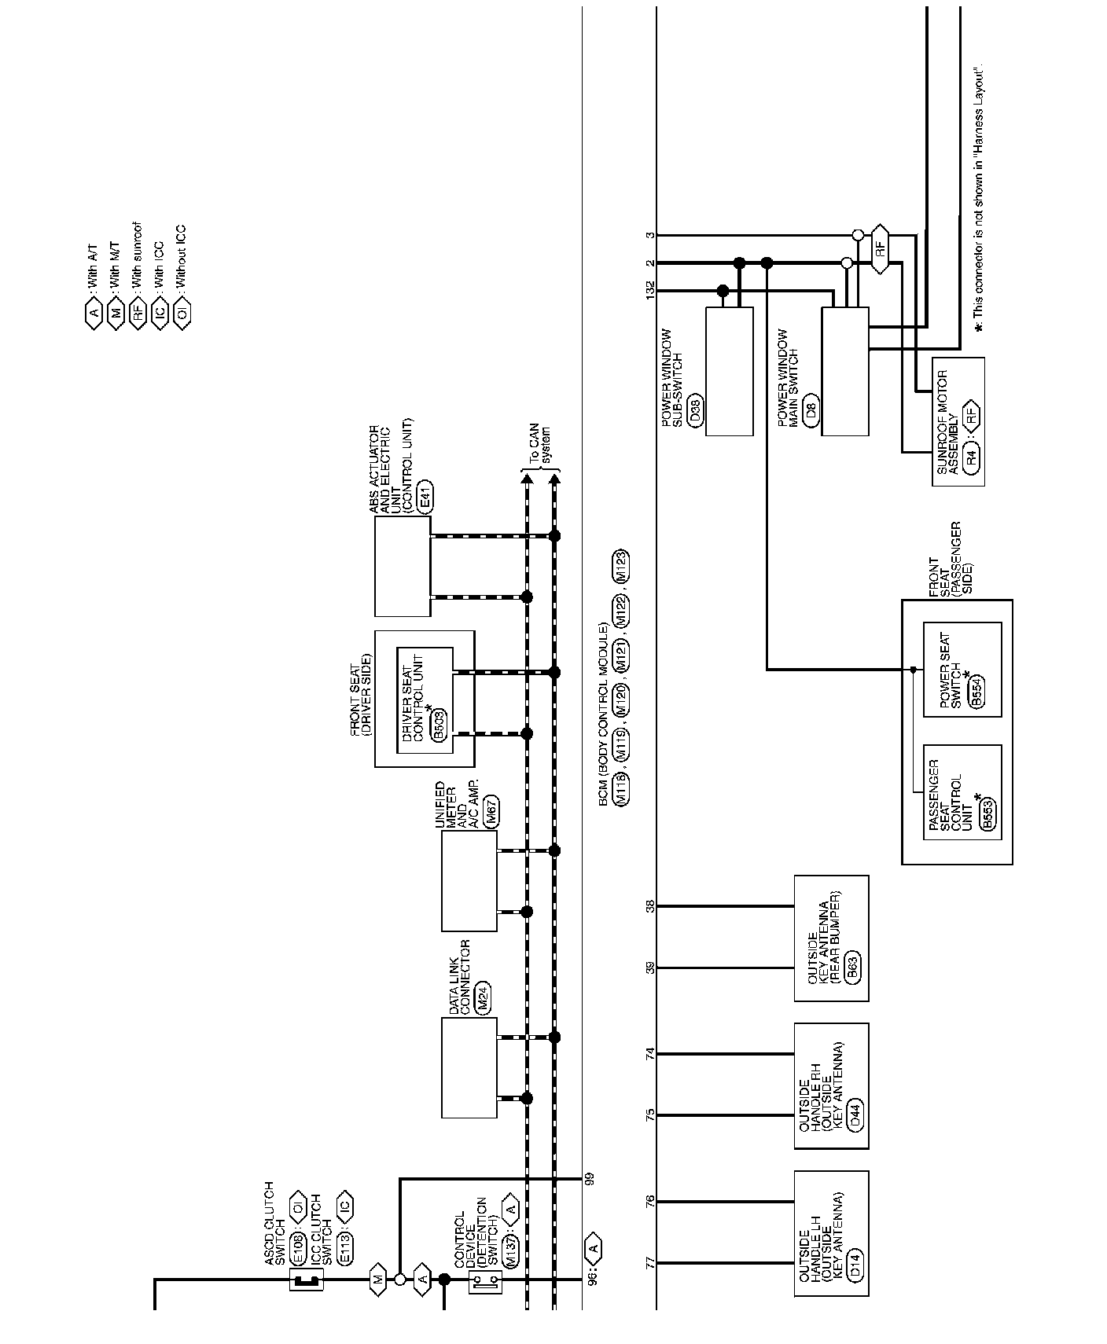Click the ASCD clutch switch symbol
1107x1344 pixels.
click(x=306, y=1281)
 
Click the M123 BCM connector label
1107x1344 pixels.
click(x=620, y=565)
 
